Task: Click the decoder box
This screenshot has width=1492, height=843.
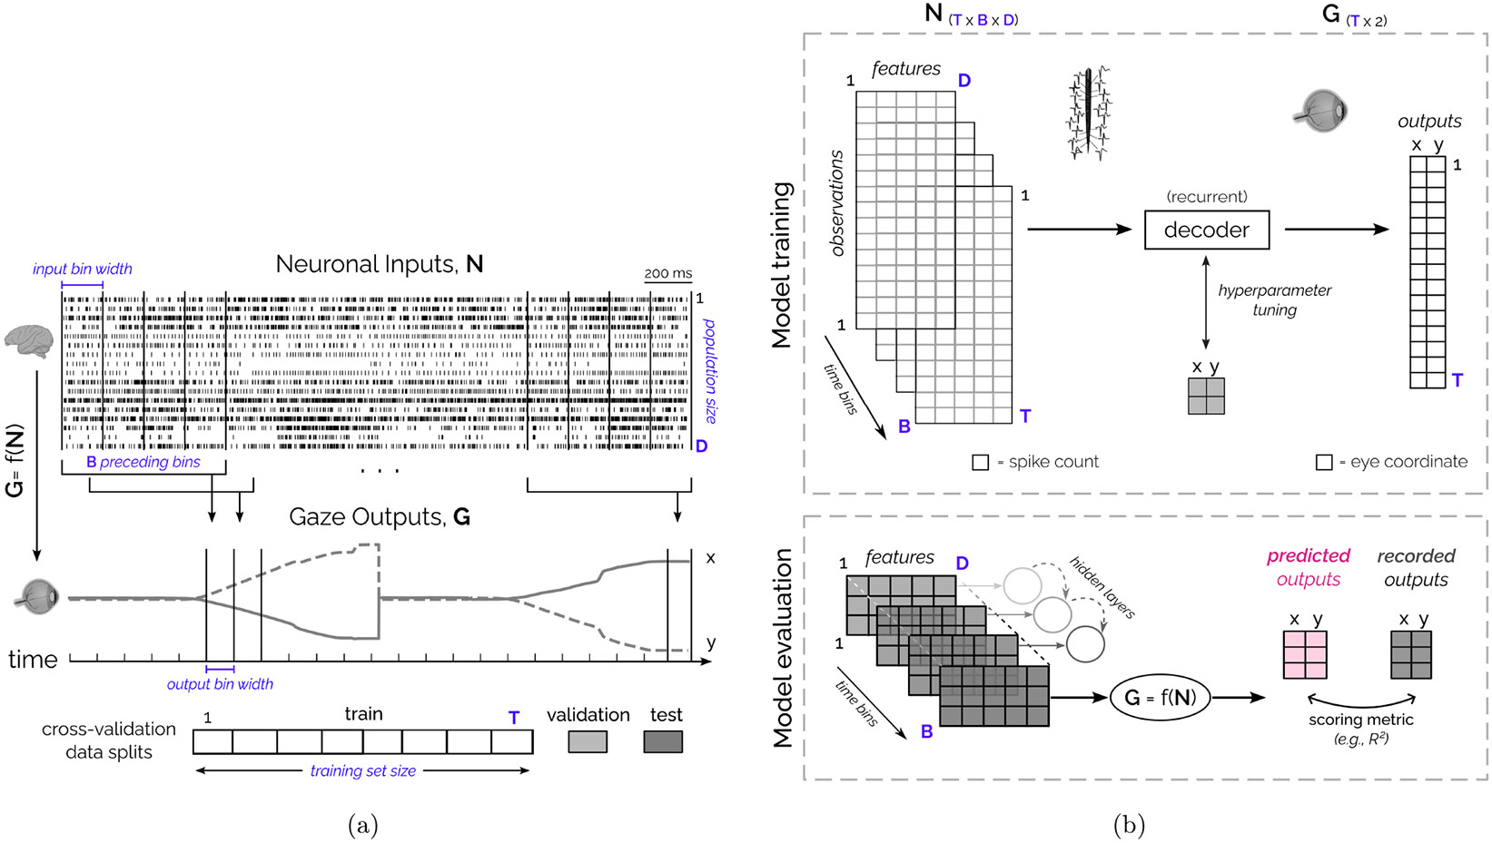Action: coord(1206,230)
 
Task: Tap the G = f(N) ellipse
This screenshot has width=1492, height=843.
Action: coord(1160,697)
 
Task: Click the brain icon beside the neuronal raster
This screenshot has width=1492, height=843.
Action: coord(29,339)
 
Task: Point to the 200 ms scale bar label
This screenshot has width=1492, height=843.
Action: coord(667,273)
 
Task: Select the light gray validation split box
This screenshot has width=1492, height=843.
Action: coord(588,741)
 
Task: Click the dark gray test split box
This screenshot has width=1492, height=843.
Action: coord(663,741)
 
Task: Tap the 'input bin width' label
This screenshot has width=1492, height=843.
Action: coord(82,269)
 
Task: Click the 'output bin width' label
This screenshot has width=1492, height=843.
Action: coord(220,684)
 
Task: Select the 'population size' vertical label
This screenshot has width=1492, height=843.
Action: coord(710,370)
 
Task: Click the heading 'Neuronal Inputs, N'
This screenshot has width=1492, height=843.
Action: coord(379,264)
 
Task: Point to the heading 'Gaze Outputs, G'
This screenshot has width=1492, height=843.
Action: coord(379,516)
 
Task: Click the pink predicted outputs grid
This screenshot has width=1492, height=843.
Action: coord(1305,654)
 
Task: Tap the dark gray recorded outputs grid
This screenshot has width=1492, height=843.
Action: coord(1411,654)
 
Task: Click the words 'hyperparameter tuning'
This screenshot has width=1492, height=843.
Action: coord(1274,299)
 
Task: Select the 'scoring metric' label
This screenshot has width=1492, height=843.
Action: coord(1360,720)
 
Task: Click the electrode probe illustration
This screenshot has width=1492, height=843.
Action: coord(1089,113)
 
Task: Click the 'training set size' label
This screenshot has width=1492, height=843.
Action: coord(362,770)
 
